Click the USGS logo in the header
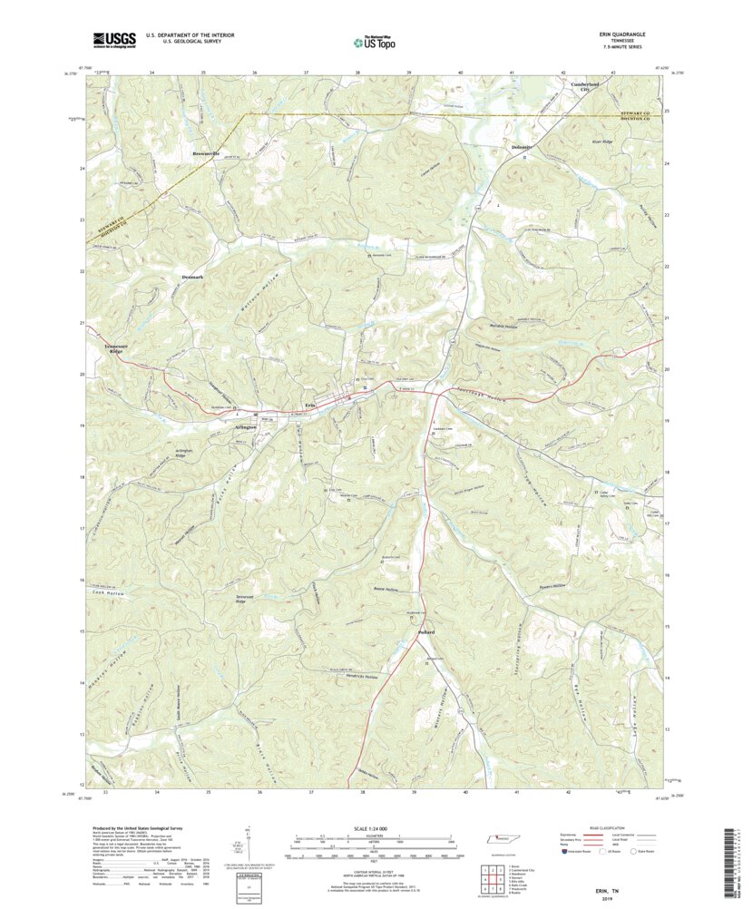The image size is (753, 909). pyautogui.click(x=113, y=39)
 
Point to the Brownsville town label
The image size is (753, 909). pyautogui.click(x=208, y=152)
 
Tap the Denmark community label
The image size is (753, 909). pyautogui.click(x=194, y=276)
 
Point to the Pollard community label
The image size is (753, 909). pyautogui.click(x=426, y=631)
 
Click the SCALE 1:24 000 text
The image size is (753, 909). pyautogui.click(x=372, y=829)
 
